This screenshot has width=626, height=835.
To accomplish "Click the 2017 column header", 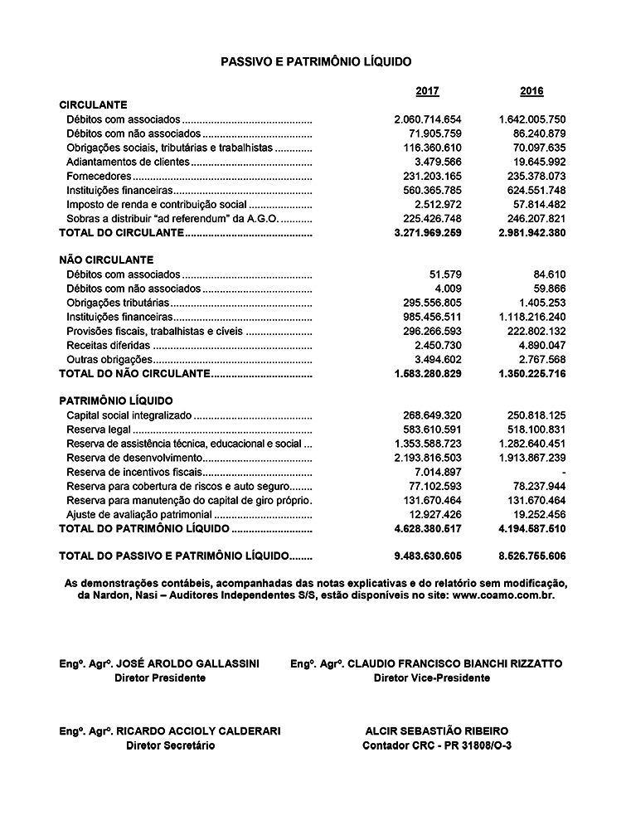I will pyautogui.click(x=427, y=91).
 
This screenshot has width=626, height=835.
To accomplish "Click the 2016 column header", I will pyautogui.click(x=531, y=91).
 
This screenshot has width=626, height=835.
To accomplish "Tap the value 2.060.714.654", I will pyautogui.click(x=428, y=119).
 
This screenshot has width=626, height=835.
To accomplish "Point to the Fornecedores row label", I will pyautogui.click(x=99, y=177).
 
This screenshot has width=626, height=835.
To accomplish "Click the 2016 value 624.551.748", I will pyautogui.click(x=532, y=191).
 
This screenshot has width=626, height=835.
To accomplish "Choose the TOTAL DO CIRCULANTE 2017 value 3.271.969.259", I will pyautogui.click(x=428, y=234).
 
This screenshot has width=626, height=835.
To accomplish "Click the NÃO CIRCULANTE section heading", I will pyautogui.click(x=106, y=260).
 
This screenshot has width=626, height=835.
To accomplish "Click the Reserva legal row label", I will pyautogui.click(x=99, y=430).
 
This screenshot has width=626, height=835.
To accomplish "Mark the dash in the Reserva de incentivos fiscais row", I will pyautogui.click(x=563, y=472).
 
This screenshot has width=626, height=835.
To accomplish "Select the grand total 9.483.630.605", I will pyautogui.click(x=428, y=556).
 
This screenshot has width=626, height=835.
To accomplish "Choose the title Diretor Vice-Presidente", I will pyautogui.click(x=432, y=678).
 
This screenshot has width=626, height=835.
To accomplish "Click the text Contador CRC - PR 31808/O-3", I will pyautogui.click(x=437, y=745).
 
